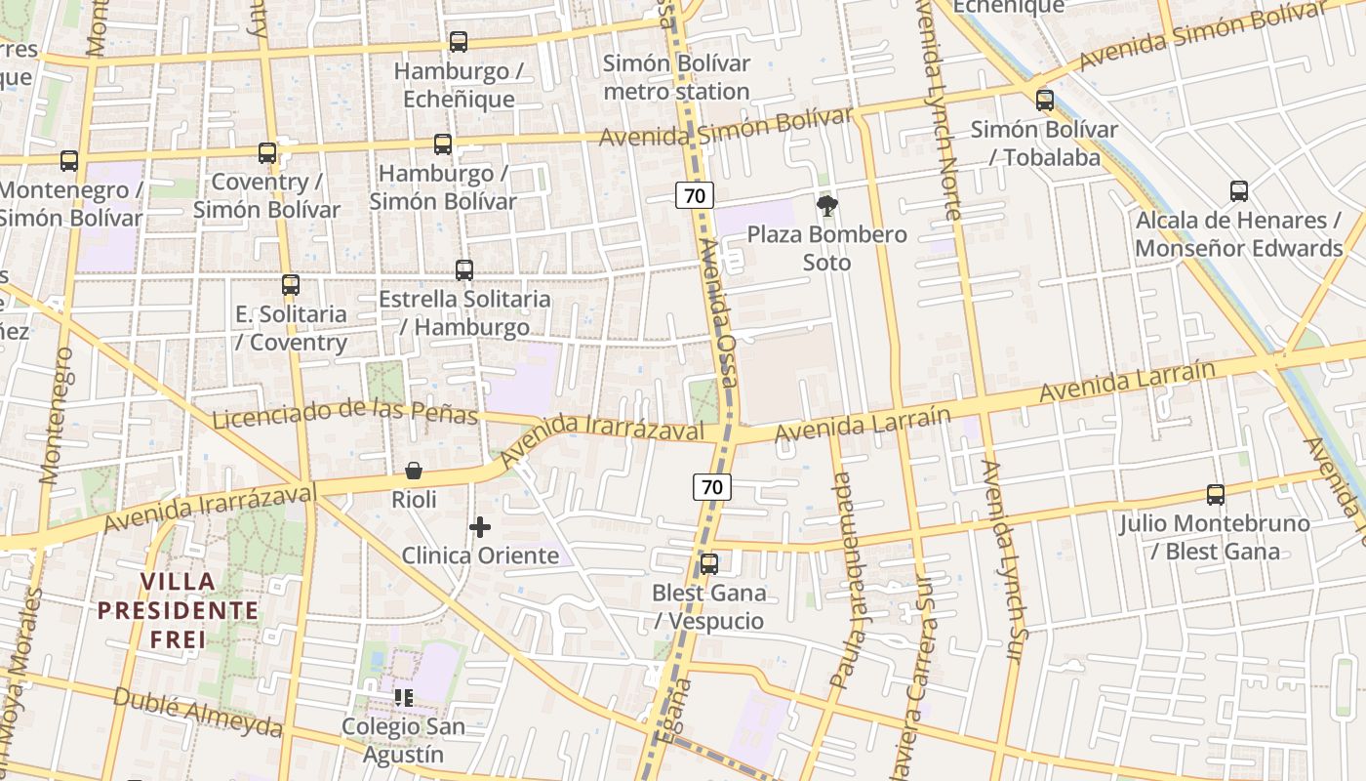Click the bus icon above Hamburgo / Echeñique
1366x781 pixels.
[458, 42]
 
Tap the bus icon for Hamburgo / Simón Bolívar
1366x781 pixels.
[442, 144]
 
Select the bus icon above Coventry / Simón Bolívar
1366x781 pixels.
[266, 153]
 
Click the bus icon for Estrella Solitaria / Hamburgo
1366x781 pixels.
[464, 270]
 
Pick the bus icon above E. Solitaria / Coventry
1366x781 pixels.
[290, 285]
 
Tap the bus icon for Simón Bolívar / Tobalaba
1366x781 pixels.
[1044, 101]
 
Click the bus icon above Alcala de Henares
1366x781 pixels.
[1238, 191]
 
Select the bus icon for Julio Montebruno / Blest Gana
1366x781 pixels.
[1215, 495]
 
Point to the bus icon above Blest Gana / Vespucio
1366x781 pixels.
[708, 564]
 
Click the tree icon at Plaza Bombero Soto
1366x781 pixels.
[827, 205]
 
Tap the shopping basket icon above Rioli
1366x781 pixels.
[414, 472]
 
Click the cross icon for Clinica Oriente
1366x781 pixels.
[480, 527]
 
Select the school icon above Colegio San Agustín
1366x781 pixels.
[403, 698]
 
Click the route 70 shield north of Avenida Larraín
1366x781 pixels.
[694, 195]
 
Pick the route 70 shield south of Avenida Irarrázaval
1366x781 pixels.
[712, 486]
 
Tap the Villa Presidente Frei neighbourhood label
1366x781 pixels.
[178, 611]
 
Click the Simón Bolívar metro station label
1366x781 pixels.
[676, 77]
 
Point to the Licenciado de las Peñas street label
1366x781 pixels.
[344, 412]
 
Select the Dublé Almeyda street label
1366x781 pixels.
[198, 713]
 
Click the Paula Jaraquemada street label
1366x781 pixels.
[845, 580]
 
